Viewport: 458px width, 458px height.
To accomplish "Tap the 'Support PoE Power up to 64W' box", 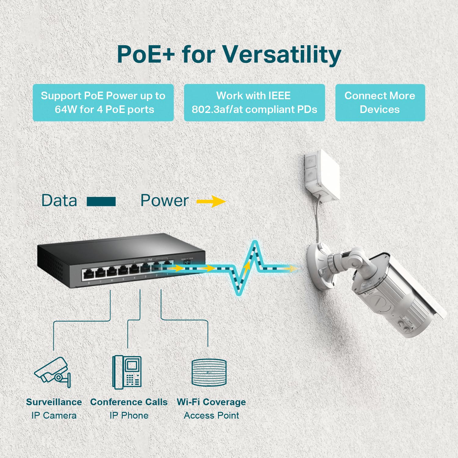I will (103, 103).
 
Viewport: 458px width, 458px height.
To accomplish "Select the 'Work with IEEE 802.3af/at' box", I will (254, 103).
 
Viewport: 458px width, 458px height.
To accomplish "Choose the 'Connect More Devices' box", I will (380, 103).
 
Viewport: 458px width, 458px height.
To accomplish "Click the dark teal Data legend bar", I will (101, 202).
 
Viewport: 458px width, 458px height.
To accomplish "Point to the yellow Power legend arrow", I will (211, 201).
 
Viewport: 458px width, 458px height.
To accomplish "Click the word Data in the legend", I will (59, 201).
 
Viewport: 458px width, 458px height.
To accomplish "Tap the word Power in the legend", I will (164, 201).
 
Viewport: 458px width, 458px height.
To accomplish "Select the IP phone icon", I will (127, 372).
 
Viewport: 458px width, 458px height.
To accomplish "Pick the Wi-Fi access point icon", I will (209, 373).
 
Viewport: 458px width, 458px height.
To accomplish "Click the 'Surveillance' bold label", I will (54, 402).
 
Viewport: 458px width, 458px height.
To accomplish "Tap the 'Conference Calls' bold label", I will (129, 402).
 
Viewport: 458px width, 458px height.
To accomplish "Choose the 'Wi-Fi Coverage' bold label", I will (211, 402).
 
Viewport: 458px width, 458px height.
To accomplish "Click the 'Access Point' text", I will (211, 415).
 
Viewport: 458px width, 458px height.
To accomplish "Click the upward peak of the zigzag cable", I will (255, 244).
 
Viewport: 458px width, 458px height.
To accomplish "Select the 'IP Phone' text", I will (129, 415).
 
